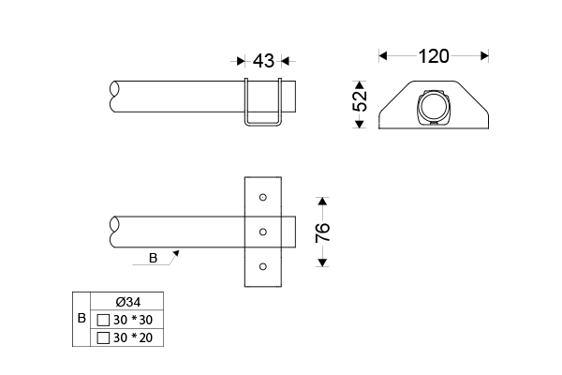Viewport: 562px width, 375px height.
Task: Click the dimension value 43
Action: [x=263, y=61]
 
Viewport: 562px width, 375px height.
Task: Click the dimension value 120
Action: [x=433, y=56]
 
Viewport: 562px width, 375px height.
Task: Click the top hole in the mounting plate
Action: [x=263, y=197]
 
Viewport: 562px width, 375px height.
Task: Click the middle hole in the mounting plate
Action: [x=263, y=232]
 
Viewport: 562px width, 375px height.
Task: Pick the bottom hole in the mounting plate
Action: [x=263, y=266]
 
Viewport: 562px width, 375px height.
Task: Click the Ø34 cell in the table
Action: [x=128, y=302]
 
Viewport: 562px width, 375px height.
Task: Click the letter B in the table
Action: [x=81, y=320]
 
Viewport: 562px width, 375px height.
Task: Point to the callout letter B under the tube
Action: [x=153, y=259]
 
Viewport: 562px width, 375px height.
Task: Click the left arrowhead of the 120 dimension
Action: [x=382, y=56]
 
